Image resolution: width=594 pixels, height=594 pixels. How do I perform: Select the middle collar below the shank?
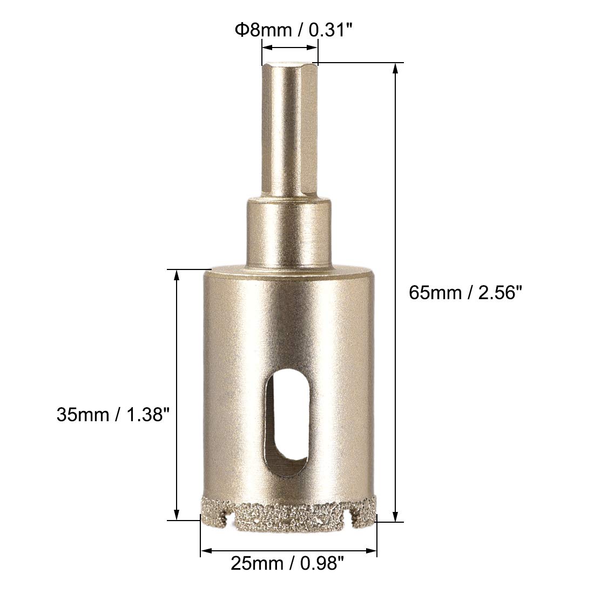(x=289, y=231)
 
